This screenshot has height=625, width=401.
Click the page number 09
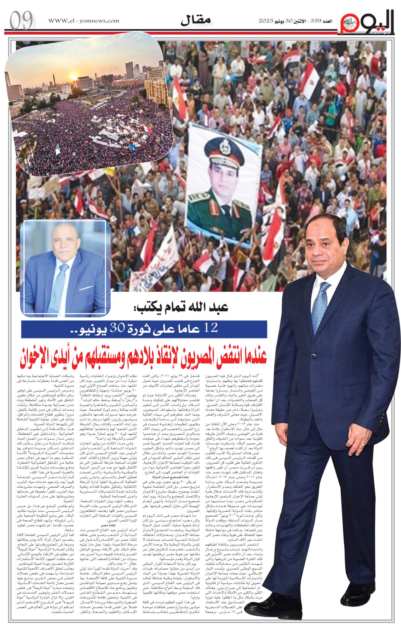[x=21, y=20]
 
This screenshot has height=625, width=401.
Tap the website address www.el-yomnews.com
[x=84, y=21]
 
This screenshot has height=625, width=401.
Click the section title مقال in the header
[x=196, y=21]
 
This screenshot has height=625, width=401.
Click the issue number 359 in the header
[x=314, y=21]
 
